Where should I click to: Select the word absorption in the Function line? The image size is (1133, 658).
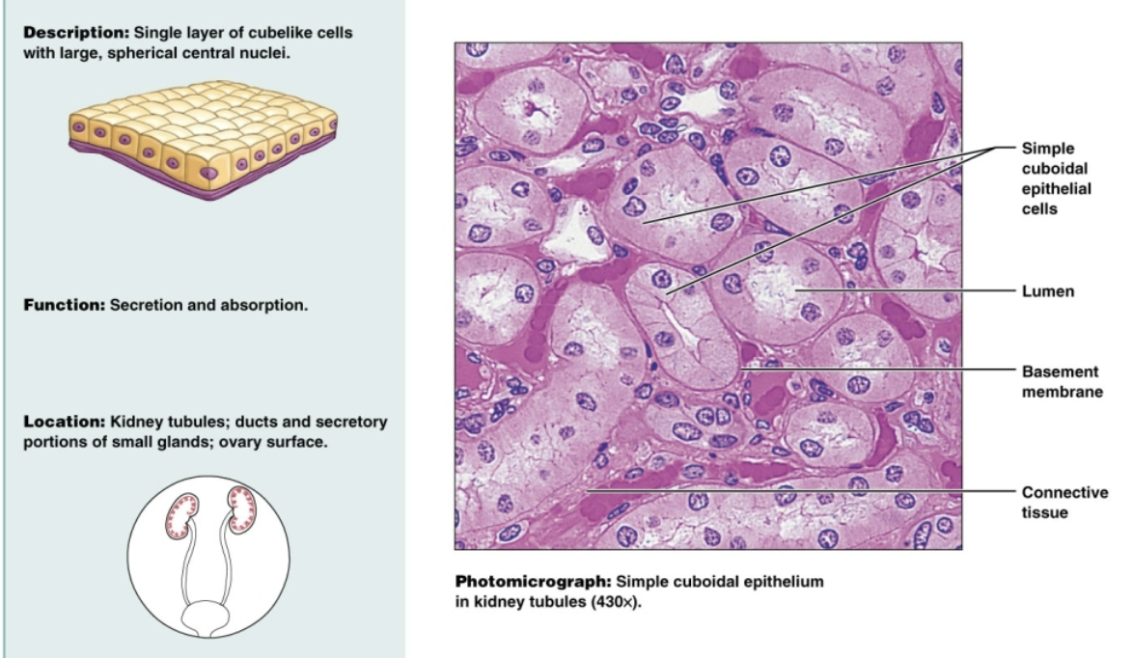point(270,306)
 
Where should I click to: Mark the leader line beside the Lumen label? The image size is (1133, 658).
point(907,288)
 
